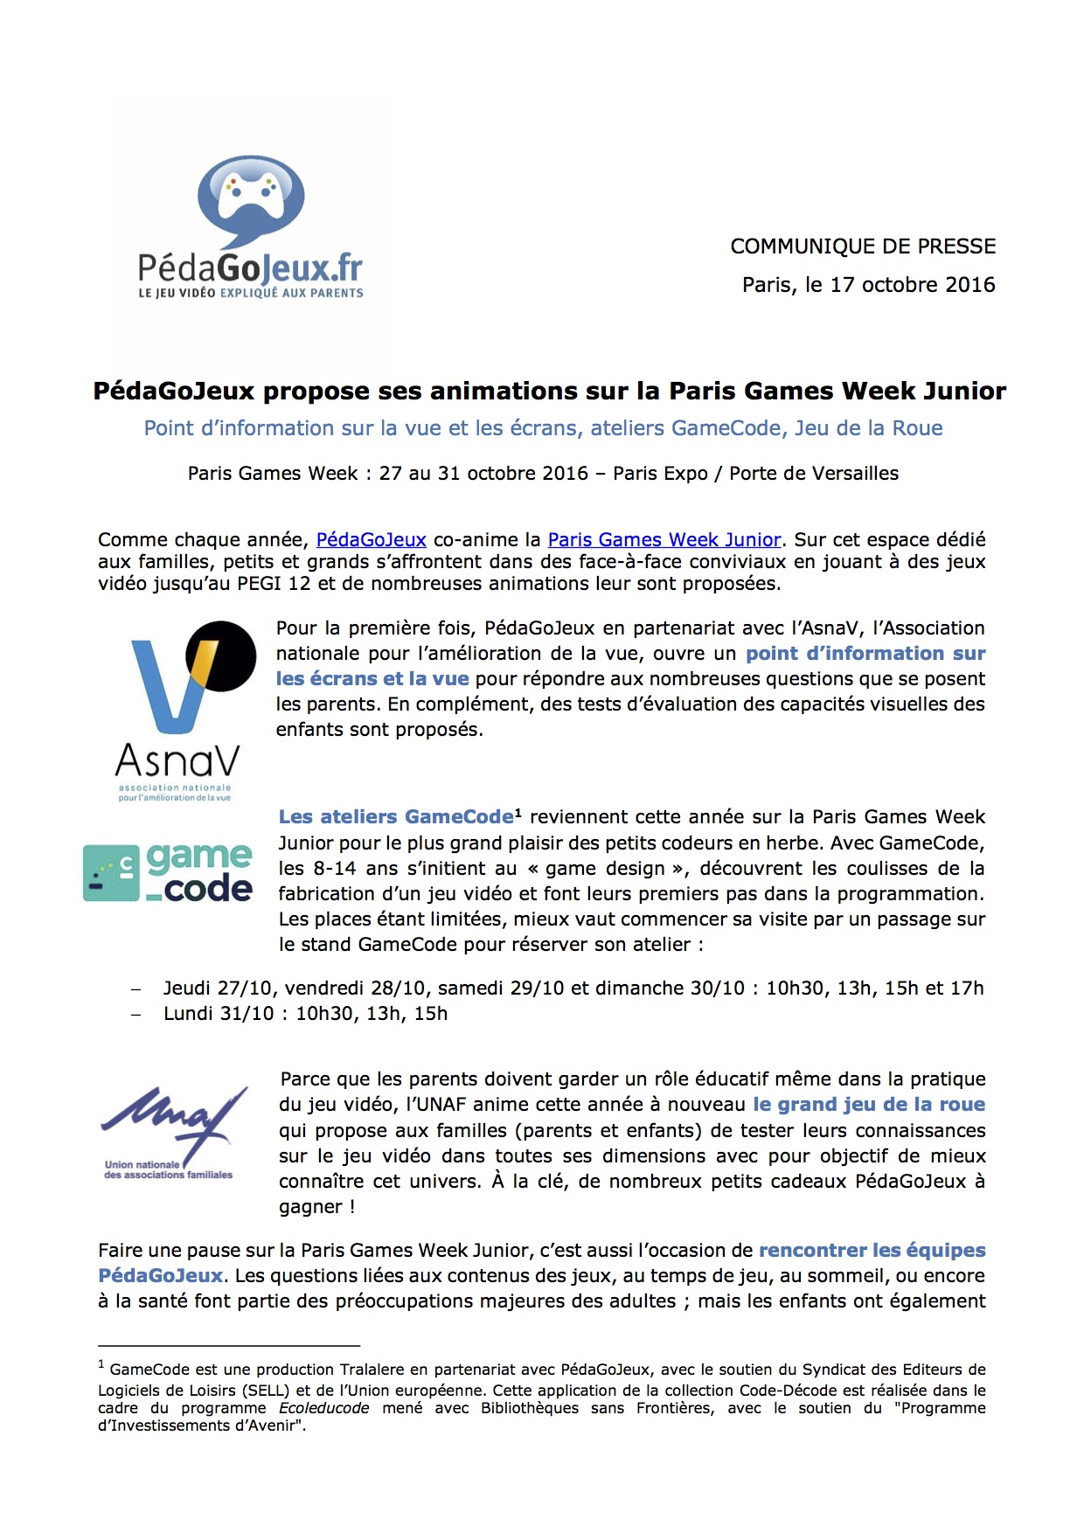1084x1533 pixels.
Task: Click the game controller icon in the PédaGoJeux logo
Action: point(251,194)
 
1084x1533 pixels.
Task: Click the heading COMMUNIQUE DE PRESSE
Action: point(863,246)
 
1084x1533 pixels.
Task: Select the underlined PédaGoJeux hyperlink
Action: point(371,540)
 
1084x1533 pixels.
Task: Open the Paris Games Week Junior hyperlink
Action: point(664,540)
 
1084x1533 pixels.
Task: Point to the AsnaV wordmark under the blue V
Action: point(177,760)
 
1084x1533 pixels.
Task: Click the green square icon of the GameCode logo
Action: point(111,872)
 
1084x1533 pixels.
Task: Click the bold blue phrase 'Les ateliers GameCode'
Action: point(396,817)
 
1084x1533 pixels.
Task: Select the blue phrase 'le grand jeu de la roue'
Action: point(869,1105)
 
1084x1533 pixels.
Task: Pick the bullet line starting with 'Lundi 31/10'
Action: point(305,1014)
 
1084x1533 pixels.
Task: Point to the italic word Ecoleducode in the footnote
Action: point(323,1408)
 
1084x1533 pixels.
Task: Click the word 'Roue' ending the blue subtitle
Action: point(917,428)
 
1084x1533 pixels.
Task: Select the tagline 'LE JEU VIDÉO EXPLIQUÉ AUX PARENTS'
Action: point(251,293)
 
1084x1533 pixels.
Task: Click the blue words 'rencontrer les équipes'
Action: point(872,1251)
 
